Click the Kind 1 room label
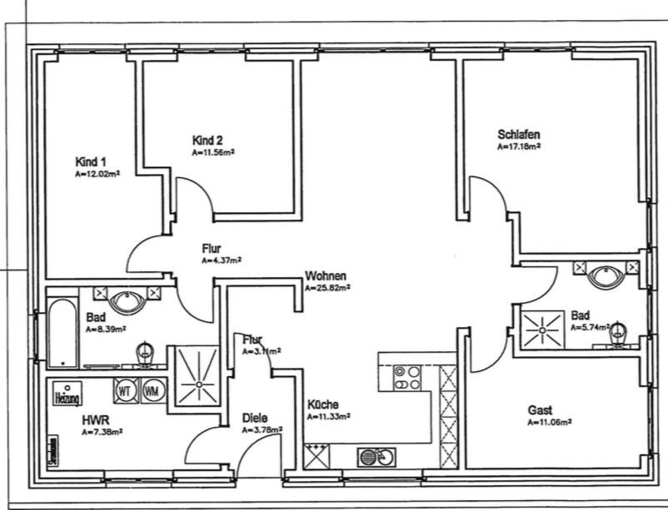click(x=91, y=161)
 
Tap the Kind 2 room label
click(x=207, y=141)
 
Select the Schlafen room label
click(x=519, y=134)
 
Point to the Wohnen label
click(x=326, y=276)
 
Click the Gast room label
click(x=540, y=410)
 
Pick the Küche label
click(x=323, y=404)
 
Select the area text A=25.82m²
click(x=327, y=289)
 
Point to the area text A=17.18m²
click(x=519, y=146)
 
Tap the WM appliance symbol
click(x=151, y=389)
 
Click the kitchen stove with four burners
click(x=407, y=378)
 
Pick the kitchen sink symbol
click(x=377, y=457)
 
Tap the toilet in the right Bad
click(x=617, y=334)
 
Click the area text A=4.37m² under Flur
click(x=221, y=260)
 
